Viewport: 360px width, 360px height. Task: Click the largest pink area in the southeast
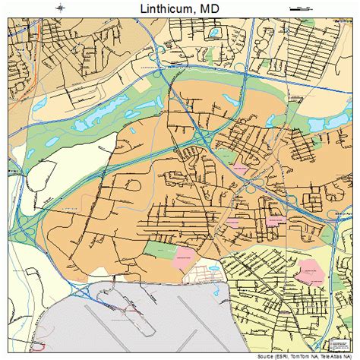tap(310, 270)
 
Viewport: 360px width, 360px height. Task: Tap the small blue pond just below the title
tap(215, 33)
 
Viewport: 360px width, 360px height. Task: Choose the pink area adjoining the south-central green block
tap(185, 255)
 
